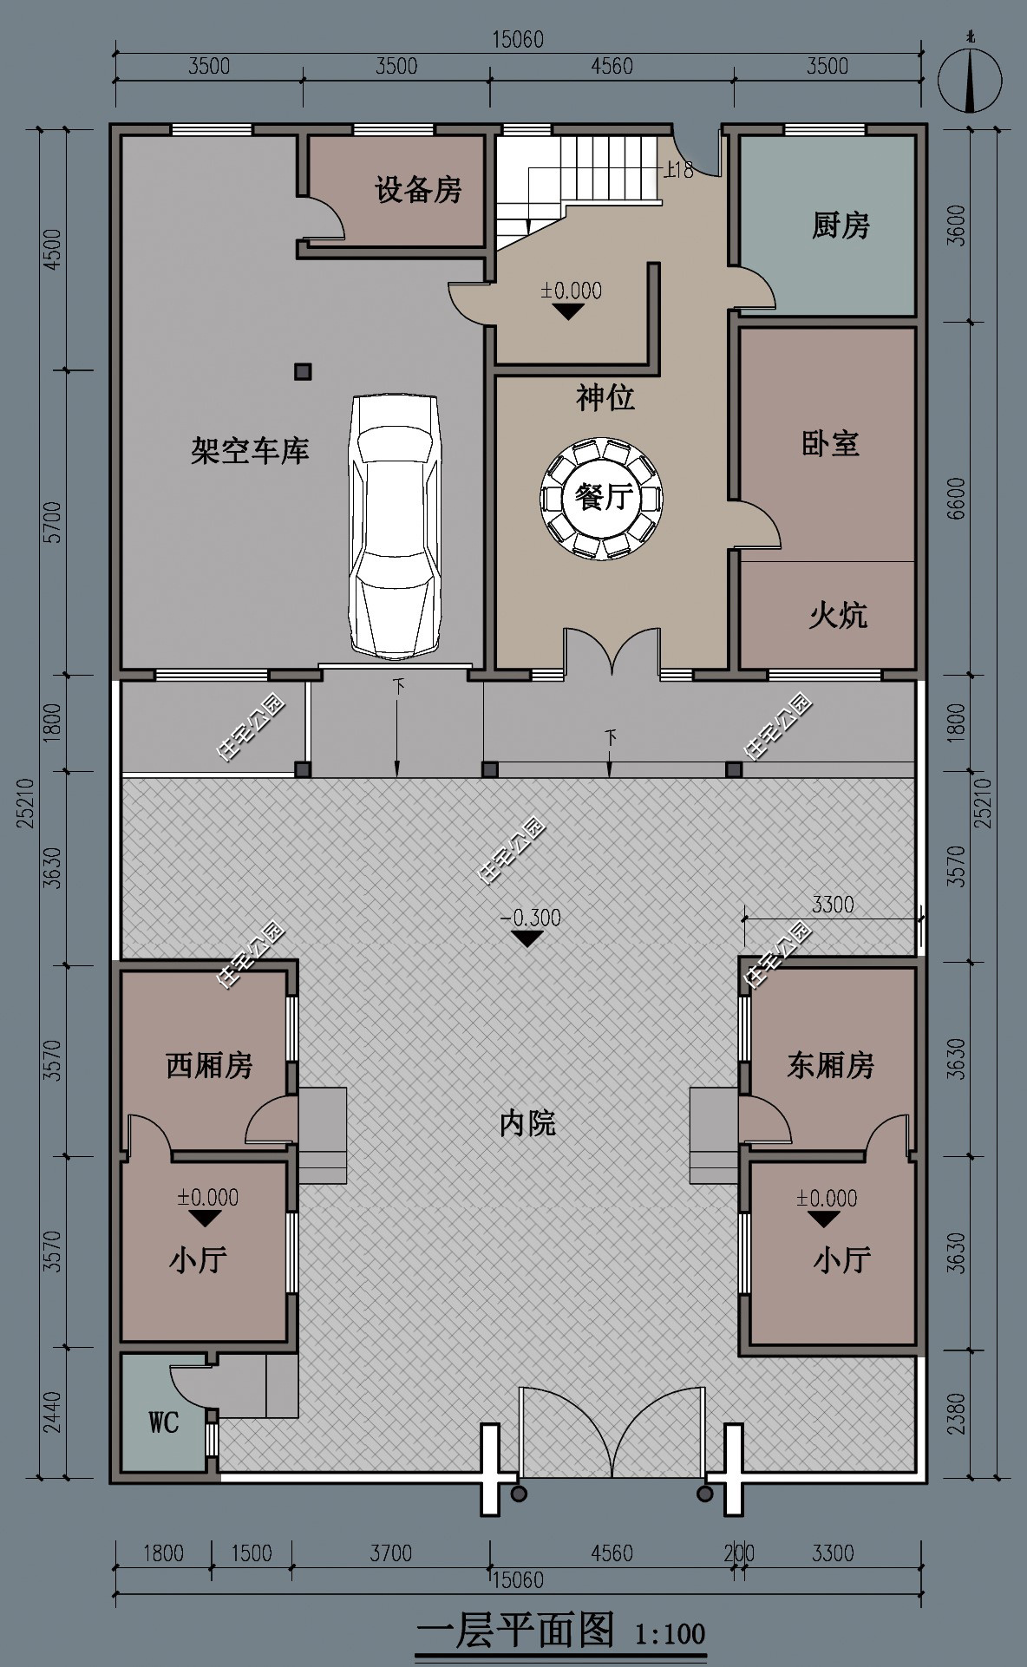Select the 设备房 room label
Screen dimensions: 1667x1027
coord(418,190)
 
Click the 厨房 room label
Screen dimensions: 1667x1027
coord(841,226)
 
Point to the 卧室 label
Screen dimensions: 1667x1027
coord(830,443)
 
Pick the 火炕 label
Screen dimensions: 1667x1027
coord(837,616)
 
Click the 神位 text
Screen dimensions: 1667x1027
coord(605,398)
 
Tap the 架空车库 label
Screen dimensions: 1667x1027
coord(250,451)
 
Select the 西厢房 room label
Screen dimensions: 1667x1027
coord(209,1065)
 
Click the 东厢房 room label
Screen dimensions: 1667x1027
coord(830,1065)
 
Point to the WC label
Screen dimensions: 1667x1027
coord(163,1422)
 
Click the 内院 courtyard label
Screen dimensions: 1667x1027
coord(527,1124)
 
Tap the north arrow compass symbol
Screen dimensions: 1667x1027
coord(971,80)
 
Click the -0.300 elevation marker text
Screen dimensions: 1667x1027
coord(530,918)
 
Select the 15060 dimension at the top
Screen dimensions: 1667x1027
coord(518,40)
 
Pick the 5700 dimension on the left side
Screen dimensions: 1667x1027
coord(54,522)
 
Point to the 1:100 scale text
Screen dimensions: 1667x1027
coord(670,1635)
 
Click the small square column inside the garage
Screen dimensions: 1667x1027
coord(302,372)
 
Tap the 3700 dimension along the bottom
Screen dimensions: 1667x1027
coord(390,1553)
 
